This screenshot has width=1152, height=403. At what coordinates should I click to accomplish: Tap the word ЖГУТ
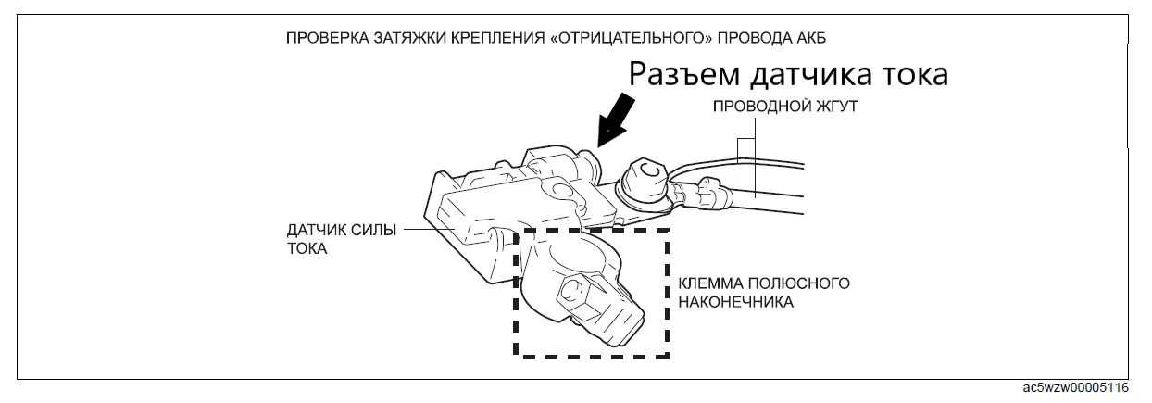click(836, 107)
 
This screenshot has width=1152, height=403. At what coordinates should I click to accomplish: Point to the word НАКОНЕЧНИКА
click(735, 302)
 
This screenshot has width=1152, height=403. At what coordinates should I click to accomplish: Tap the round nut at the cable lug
click(645, 173)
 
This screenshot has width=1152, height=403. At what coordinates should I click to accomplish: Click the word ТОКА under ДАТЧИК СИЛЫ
click(307, 250)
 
